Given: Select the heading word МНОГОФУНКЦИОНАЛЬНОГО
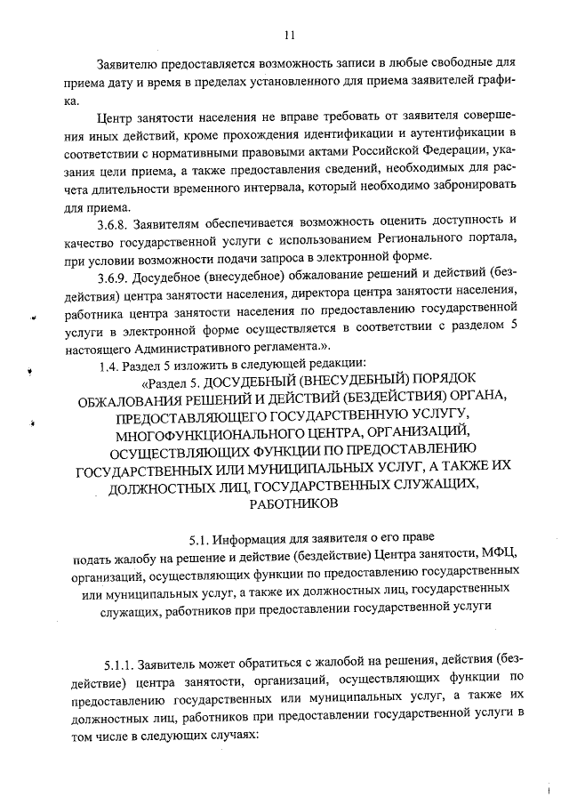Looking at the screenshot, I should coord(206,433).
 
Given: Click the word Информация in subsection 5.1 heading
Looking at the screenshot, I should coord(256,539).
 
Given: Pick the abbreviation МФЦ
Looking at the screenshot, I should coord(501,557).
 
